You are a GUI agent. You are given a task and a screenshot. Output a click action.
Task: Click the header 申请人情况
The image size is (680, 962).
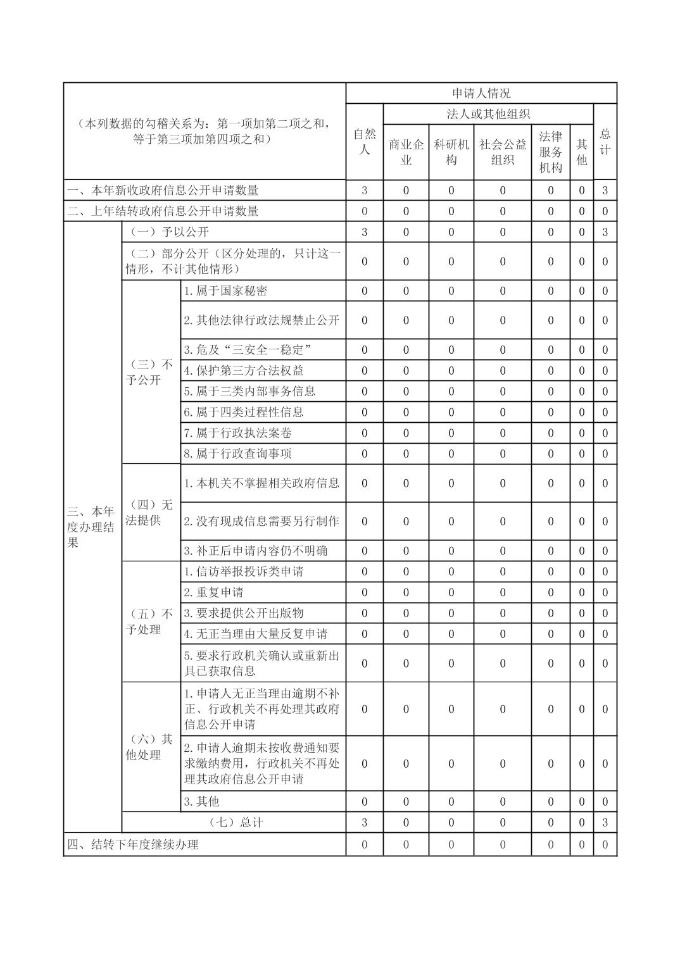481,93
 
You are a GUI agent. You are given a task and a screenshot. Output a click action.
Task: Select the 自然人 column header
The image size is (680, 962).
364,142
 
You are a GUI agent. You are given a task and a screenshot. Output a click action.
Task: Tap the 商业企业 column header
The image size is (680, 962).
406,152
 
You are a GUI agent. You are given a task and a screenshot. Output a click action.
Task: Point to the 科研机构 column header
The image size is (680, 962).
451,152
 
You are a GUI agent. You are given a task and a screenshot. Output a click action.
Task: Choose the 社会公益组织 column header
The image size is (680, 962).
502,152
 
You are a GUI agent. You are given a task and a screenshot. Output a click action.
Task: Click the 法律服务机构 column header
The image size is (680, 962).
550,152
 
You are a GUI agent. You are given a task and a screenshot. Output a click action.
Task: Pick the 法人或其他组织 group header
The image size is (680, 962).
488,114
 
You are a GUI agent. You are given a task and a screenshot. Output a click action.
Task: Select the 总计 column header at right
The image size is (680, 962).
605,142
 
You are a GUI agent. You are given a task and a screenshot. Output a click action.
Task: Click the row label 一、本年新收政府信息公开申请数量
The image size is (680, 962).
163,190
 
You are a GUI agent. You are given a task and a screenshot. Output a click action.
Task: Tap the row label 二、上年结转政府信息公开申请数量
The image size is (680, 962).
163,211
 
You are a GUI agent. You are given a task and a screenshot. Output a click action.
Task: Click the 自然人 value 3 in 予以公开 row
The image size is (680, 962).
364,232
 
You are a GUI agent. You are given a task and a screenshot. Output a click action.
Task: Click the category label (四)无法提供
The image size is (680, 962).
150,513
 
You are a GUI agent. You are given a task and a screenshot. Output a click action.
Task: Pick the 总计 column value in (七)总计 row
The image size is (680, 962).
605,822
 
